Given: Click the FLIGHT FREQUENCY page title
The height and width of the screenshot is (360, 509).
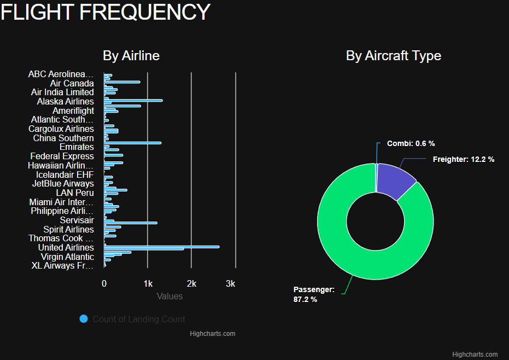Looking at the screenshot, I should [106, 12].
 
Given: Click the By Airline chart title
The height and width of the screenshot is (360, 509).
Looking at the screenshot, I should [131, 56].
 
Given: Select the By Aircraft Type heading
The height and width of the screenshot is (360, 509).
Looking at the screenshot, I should [393, 56].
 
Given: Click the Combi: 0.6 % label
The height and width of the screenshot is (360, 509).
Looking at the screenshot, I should [411, 143].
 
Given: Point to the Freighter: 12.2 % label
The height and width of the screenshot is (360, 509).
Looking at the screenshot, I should [463, 159].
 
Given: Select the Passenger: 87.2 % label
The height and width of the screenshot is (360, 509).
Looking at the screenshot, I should [314, 294].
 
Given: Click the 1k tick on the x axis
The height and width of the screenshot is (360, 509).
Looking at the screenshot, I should [148, 283].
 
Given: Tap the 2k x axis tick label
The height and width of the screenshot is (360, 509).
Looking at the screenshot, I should [191, 283].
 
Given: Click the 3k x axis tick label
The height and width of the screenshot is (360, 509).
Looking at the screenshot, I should [231, 283].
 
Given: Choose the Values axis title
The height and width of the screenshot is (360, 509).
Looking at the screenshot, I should [169, 296].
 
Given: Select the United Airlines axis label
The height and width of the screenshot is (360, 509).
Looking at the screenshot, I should [66, 247].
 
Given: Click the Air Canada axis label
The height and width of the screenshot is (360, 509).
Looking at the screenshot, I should [72, 83].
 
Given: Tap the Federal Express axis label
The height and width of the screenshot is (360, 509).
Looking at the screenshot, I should [62, 156].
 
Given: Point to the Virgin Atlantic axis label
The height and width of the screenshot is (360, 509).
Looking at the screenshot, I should [67, 257].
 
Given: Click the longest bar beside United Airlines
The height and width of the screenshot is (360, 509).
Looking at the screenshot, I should [164, 247].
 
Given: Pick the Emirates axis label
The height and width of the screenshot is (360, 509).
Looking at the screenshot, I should [77, 147].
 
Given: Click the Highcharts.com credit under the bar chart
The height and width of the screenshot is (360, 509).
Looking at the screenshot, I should [212, 333].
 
